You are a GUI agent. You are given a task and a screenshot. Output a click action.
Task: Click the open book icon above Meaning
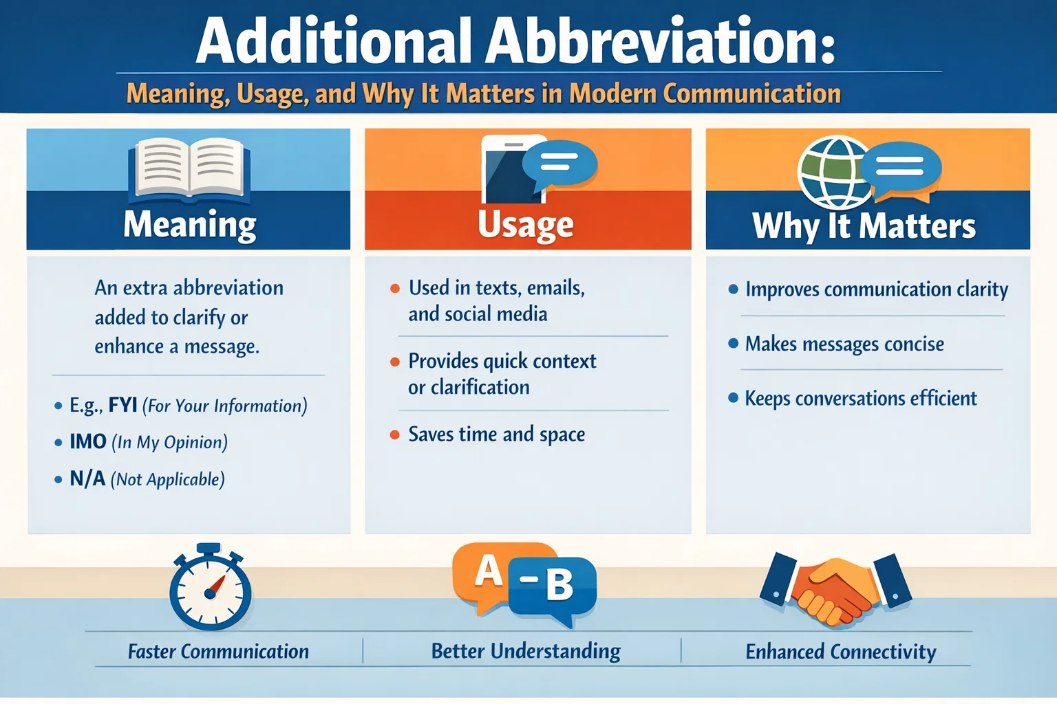coord(189,168)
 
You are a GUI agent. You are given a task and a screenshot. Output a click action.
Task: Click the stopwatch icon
coord(210,588)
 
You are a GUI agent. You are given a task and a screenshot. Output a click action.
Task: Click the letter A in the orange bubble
coord(489,571)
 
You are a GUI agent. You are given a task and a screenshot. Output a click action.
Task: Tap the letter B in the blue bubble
coord(559,585)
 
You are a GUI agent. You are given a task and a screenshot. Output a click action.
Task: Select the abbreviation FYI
coord(123,404)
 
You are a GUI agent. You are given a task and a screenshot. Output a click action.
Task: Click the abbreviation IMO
coord(88,441)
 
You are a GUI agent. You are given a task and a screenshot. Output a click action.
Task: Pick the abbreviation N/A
coord(87,478)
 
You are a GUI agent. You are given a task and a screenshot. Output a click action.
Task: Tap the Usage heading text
coord(526,225)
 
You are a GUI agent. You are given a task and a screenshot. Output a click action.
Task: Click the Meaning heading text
coord(190,225)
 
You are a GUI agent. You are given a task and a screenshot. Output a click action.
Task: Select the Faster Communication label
coord(218,651)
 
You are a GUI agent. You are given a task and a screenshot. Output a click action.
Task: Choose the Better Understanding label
coord(526,650)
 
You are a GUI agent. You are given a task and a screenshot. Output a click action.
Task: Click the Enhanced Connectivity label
coord(840,651)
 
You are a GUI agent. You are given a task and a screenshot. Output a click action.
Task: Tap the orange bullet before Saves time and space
coord(395,434)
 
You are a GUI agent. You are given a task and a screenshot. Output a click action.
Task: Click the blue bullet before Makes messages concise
coord(733,343)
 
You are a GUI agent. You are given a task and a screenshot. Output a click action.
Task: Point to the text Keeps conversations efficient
coord(860,398)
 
